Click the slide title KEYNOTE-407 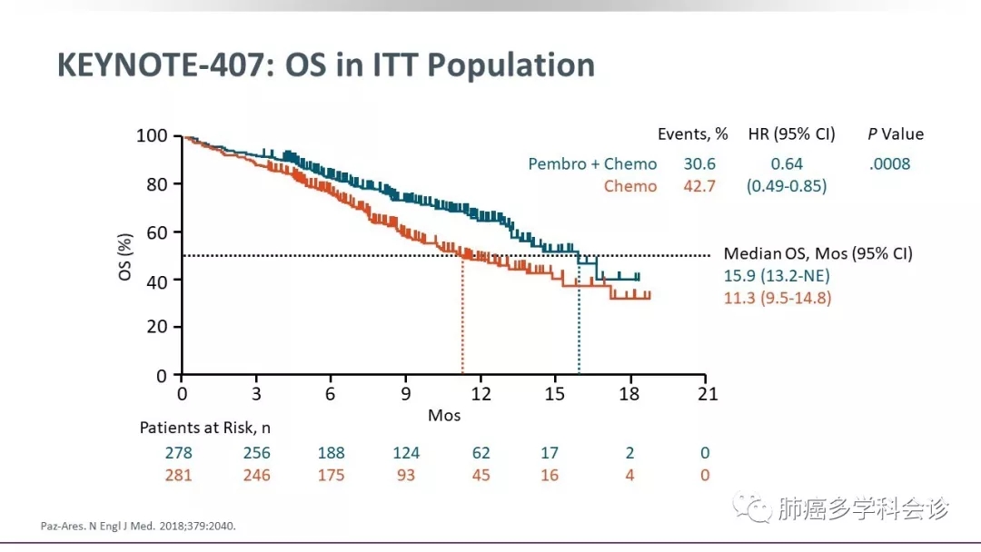click(325, 65)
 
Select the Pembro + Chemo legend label click(592, 164)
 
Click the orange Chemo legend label click(630, 186)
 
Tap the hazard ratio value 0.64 click(787, 164)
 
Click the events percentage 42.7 click(700, 186)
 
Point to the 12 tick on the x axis click(481, 394)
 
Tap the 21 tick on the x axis click(707, 394)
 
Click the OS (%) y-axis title click(126, 256)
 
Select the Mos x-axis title click(444, 416)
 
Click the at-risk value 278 click(178, 453)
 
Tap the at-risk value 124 click(406, 453)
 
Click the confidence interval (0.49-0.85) click(787, 186)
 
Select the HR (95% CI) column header click(791, 134)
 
